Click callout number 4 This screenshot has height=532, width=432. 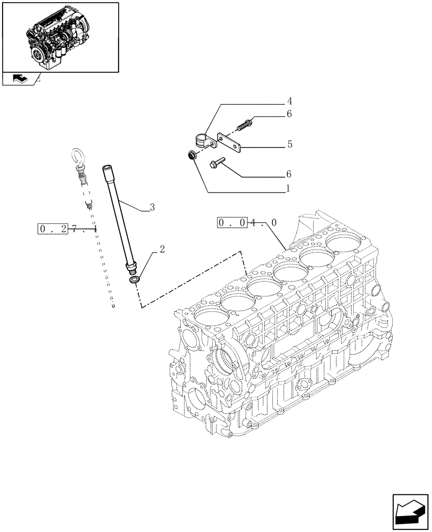289,101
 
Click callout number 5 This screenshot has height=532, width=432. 289,144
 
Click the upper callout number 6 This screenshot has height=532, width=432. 289,114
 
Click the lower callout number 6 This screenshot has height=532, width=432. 289,174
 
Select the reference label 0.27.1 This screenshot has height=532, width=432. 67,229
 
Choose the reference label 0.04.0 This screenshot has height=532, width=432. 247,223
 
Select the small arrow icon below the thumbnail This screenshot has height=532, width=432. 19,79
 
